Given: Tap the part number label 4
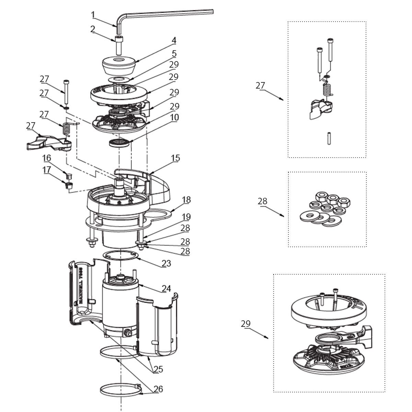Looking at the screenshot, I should pos(174,41).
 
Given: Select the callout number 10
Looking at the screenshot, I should pos(174,117).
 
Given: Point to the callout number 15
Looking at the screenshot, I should pos(175,158).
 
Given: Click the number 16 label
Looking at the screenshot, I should pos(47,158).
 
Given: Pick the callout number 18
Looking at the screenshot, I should pos(186,200).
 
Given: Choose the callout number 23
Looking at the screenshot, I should pos(166,264).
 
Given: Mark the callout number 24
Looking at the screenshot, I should pos(166,289).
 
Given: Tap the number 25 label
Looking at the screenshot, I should pos(158,369).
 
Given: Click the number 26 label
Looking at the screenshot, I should pos(158,389).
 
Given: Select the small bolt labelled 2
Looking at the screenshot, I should pos(119,45).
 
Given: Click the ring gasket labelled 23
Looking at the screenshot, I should pos(121,256).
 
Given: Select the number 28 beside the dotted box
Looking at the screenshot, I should pos(262,201).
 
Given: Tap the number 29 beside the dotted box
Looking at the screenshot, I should pos(245,324).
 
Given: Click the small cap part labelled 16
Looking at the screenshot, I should pos(68,176).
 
